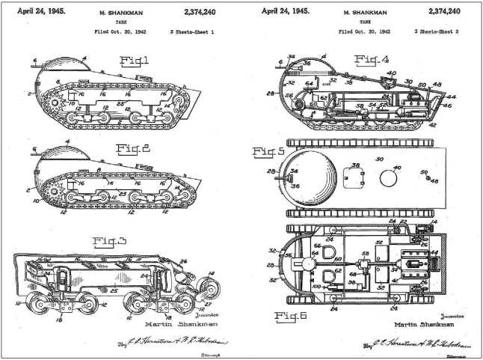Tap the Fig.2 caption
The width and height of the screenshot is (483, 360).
(x=135, y=148)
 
